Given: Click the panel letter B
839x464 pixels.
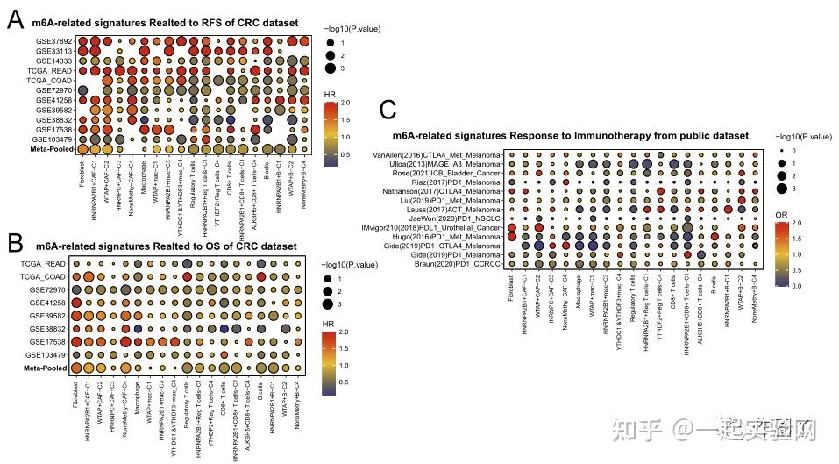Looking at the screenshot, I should (16, 241).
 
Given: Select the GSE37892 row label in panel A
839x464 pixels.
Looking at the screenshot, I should (54, 40).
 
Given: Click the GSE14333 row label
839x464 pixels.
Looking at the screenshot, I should (54, 61).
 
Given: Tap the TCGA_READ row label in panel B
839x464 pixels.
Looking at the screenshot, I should (43, 264).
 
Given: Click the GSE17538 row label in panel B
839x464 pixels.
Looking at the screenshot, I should (46, 341).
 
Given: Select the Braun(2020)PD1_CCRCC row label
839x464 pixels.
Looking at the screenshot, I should (451, 265).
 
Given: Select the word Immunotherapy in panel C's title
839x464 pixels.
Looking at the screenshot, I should (587, 136).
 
